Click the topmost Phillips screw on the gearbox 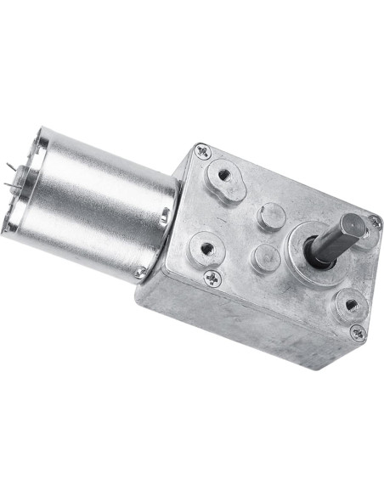pos(202,151)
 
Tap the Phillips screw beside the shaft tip pos(374,222)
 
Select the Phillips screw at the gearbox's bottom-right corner pos(358,332)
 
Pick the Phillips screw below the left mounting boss pos(212,277)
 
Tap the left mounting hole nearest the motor pos(206,248)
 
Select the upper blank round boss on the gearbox pos(270,217)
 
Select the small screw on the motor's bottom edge pos(139,273)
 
